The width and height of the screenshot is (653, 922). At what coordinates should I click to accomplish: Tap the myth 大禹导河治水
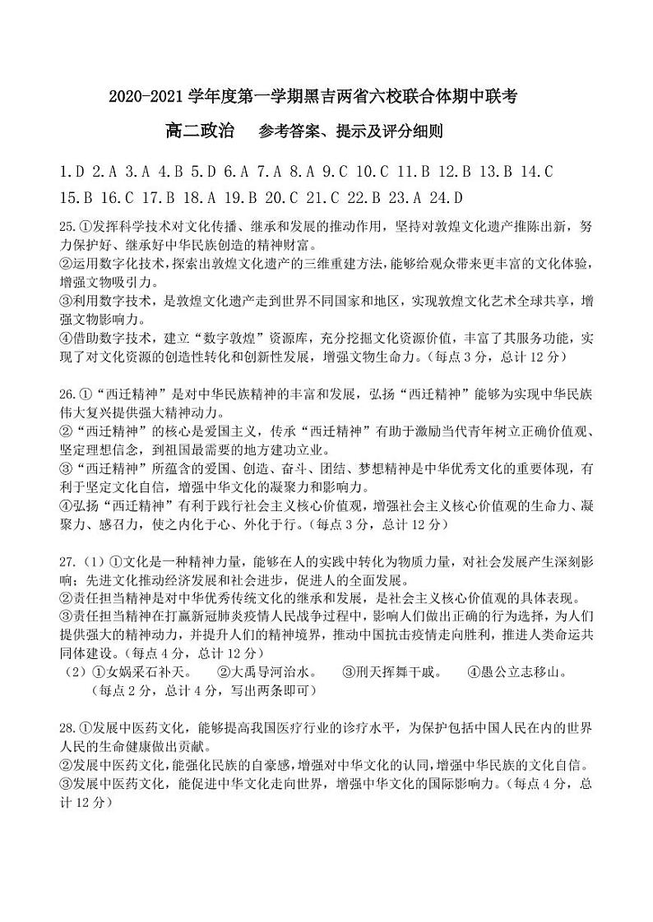[x=274, y=672]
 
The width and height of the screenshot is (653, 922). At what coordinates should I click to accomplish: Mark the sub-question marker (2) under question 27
[x=75, y=672]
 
